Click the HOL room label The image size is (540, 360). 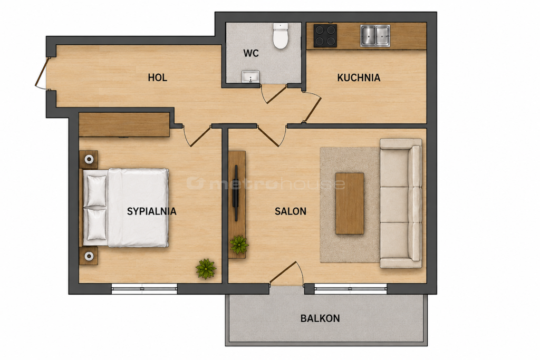click(x=157, y=77)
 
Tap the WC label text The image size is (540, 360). click(x=250, y=53)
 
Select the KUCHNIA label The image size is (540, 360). click(x=359, y=78)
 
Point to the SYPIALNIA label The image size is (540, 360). click(x=151, y=211)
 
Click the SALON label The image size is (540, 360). click(x=291, y=211)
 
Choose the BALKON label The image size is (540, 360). click(x=320, y=318)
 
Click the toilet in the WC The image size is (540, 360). click(x=281, y=36)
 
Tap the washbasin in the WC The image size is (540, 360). click(x=250, y=77)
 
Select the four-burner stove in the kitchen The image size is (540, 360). click(x=325, y=35)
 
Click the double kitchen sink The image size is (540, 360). click(x=375, y=35)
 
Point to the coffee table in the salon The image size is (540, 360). click(x=350, y=204)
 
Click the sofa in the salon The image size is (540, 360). click(x=401, y=203)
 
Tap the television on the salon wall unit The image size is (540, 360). click(x=236, y=193)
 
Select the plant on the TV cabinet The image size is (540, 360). click(x=239, y=245)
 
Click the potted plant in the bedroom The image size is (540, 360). click(x=206, y=268)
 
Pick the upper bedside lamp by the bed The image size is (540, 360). click(x=89, y=159)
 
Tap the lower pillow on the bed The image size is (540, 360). click(x=97, y=225)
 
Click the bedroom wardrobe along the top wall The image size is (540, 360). click(x=124, y=124)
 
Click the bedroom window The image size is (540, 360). click(x=144, y=289)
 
